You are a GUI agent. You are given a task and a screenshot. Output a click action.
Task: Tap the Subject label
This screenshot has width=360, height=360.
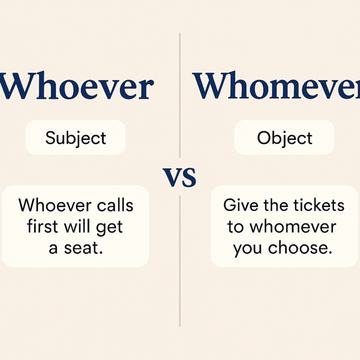[75, 138]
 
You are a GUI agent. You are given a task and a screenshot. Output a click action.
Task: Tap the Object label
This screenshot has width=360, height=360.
[285, 138]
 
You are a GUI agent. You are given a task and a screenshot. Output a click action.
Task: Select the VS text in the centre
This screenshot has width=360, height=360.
[180, 177]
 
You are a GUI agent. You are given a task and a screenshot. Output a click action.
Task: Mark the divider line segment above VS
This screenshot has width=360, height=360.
[180, 94]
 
